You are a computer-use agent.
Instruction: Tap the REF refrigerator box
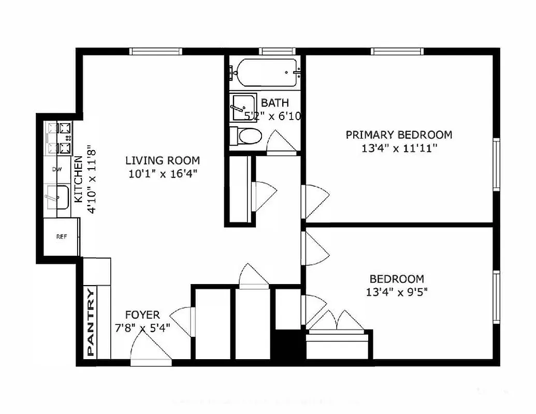(x=61, y=237)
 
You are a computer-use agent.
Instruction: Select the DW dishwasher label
(x=57, y=169)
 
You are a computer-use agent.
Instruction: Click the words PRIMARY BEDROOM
(x=398, y=135)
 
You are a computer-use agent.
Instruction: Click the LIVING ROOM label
(x=163, y=160)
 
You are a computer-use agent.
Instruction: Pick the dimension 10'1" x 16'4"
(x=163, y=174)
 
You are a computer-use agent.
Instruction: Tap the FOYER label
(x=142, y=315)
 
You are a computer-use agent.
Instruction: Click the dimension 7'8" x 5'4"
(x=142, y=328)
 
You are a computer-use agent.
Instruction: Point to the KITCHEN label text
(x=78, y=179)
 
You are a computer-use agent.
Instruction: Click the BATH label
(x=274, y=102)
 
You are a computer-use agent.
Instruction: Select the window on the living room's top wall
(x=155, y=51)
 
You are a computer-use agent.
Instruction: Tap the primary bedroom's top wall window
(x=397, y=51)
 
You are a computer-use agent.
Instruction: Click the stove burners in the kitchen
(x=59, y=138)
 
